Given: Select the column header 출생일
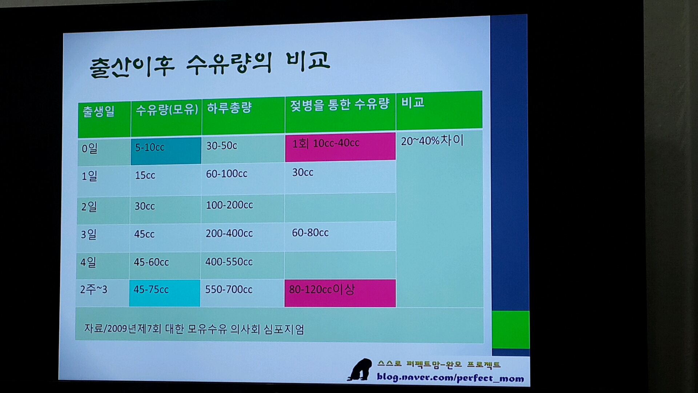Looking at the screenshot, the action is point(99,111).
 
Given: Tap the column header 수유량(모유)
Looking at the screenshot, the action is point(167,110).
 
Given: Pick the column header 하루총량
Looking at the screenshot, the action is point(229,108).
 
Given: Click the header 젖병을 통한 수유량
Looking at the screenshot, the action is point(340,104).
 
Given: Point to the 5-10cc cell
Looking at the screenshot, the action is point(166,151).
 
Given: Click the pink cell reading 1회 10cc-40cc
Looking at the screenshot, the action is point(340,146).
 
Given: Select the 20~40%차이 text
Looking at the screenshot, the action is point(432,140).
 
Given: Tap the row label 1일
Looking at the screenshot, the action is point(89,176).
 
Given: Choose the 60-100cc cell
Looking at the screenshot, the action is point(226,174).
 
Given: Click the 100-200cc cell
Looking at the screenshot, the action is point(229,205).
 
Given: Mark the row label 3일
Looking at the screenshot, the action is point(89,234).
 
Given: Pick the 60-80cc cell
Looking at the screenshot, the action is point(310,233).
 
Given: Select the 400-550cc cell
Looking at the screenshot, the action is point(229,262).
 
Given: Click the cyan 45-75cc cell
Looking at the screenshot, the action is point(165,293).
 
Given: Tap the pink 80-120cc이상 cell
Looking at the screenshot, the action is point(340,293).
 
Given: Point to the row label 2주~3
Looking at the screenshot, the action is point(94,290).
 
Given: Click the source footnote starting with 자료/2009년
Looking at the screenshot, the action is point(194,329).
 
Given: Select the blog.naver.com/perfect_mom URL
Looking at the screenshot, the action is point(450,377).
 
